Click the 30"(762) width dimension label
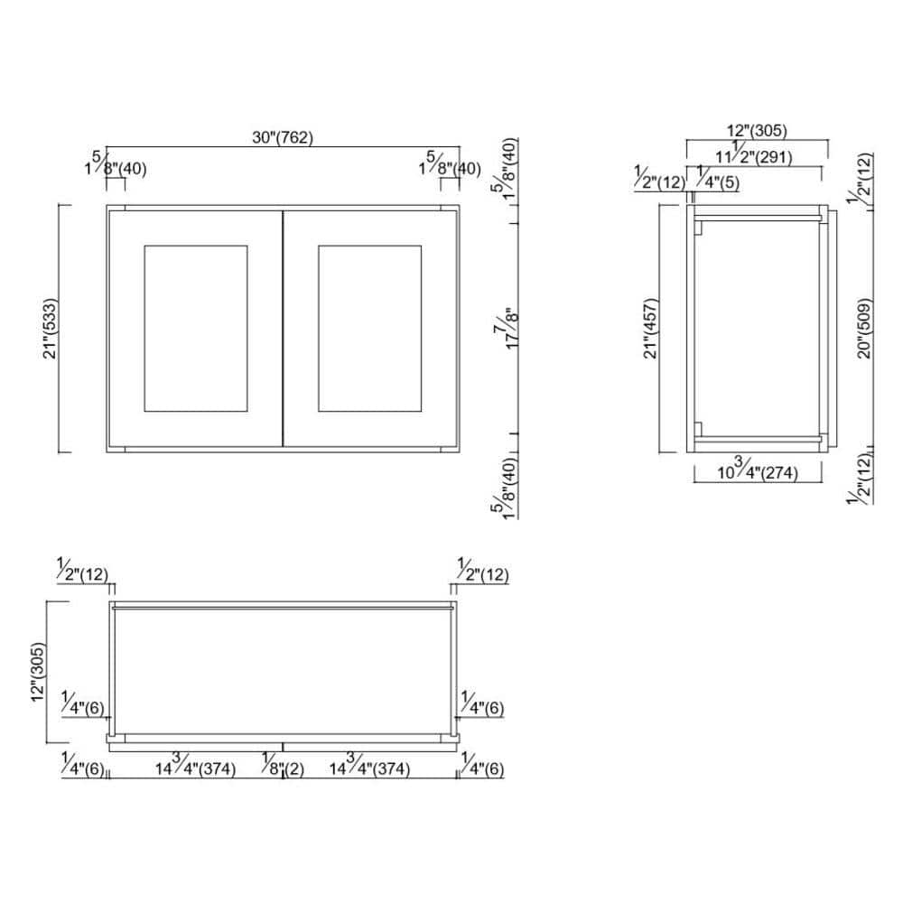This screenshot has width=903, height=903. pos(283,137)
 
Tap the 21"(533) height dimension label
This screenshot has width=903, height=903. pos(51,329)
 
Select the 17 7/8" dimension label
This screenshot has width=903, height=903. pos(507,329)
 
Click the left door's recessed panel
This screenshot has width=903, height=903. pos(196,329)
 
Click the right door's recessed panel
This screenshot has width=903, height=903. pos(369,329)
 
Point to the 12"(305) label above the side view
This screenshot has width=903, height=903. pos(757,131)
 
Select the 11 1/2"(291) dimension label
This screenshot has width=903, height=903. pos(754,154)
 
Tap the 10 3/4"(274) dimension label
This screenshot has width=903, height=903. pos(758,470)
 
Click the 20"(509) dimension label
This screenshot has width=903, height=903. pos(864,329)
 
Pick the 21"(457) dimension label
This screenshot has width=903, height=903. pos(650,329)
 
